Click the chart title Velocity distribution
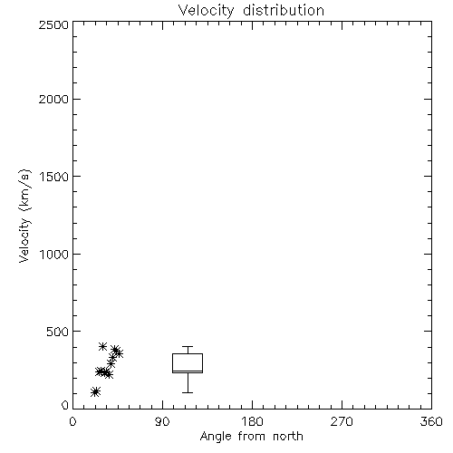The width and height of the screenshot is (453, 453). click(251, 11)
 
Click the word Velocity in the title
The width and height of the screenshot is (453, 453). click(206, 11)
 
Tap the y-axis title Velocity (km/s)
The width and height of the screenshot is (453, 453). click(24, 216)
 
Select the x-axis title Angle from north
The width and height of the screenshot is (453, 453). click(251, 437)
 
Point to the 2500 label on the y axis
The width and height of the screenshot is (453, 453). click(53, 24)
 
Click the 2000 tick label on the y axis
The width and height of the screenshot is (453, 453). click(53, 99)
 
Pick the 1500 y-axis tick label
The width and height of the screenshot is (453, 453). click(54, 177)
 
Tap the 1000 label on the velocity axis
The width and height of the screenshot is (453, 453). click(54, 255)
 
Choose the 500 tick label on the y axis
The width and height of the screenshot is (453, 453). click(58, 332)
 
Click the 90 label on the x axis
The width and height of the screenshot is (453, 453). click(162, 421)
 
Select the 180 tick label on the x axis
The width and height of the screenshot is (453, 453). click(252, 421)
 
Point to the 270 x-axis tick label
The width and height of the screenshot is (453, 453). click(342, 421)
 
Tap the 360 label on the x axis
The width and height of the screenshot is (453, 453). click(431, 421)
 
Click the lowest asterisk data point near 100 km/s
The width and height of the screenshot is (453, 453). click(95, 391)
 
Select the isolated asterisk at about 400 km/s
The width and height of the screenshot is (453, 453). click(102, 346)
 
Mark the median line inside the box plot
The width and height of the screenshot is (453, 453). click(188, 371)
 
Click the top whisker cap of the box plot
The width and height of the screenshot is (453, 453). click(188, 346)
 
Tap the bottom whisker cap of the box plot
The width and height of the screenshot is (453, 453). click(188, 392)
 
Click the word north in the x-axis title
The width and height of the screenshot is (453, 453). click(288, 437)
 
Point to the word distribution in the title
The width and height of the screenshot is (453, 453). click(284, 10)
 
